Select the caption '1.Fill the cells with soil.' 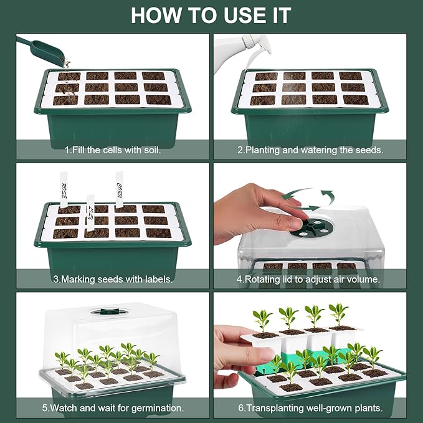tap(113, 150)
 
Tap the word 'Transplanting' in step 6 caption tap(278, 409)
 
